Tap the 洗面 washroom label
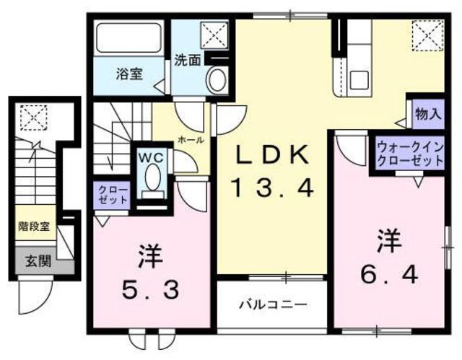(187, 61)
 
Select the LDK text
(273, 155)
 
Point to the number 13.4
(273, 189)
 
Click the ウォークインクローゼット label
(408, 154)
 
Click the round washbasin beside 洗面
(216, 80)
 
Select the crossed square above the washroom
(214, 33)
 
